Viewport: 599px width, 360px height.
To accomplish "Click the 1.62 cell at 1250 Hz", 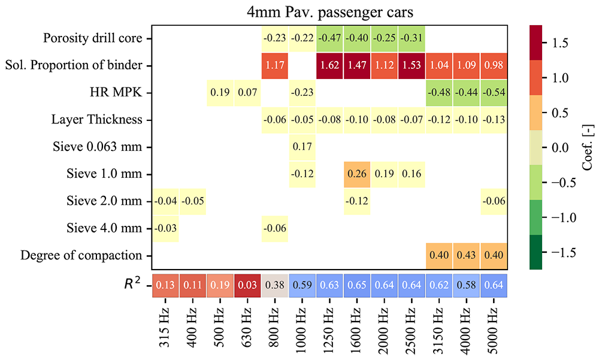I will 330,65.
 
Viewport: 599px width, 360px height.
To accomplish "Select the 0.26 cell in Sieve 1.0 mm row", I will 358,174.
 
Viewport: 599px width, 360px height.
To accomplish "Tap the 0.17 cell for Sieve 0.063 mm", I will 302,147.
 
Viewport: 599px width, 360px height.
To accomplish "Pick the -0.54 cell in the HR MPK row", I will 494,93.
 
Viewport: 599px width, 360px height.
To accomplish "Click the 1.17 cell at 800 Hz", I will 275,65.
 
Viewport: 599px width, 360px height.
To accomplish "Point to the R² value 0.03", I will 247,286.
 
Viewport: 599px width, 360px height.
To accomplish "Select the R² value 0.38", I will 275,286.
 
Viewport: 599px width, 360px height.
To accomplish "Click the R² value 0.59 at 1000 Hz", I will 302,286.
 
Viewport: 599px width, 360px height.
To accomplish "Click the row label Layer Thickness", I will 97,120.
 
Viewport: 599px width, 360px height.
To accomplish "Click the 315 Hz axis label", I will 165,327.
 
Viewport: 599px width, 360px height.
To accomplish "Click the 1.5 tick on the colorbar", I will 552,43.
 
